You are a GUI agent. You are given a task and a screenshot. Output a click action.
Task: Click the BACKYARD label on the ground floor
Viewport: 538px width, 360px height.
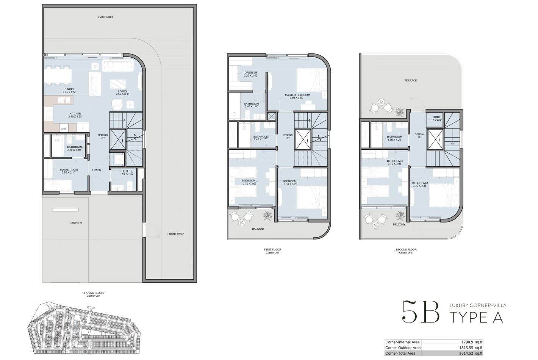[x=105, y=17]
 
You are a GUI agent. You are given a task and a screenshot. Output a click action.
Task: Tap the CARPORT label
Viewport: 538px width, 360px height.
[x=76, y=223]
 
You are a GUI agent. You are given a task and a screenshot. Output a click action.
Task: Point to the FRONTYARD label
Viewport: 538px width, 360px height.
[x=175, y=234]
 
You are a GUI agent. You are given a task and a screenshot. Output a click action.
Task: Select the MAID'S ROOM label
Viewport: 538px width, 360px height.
[x=69, y=171]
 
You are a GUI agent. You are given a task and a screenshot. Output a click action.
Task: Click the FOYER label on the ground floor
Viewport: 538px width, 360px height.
[x=97, y=170]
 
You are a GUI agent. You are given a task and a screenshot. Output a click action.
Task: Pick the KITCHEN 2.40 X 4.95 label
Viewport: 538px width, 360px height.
[x=75, y=115]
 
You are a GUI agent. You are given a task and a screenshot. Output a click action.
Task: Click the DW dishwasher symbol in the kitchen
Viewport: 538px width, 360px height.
[x=64, y=129]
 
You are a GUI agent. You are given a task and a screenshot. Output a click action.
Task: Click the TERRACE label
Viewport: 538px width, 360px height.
[x=410, y=80]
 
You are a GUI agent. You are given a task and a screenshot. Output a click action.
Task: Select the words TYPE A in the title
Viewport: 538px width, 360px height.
[x=476, y=317]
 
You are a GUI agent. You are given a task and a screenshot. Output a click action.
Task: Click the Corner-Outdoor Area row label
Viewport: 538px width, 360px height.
[x=403, y=347]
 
